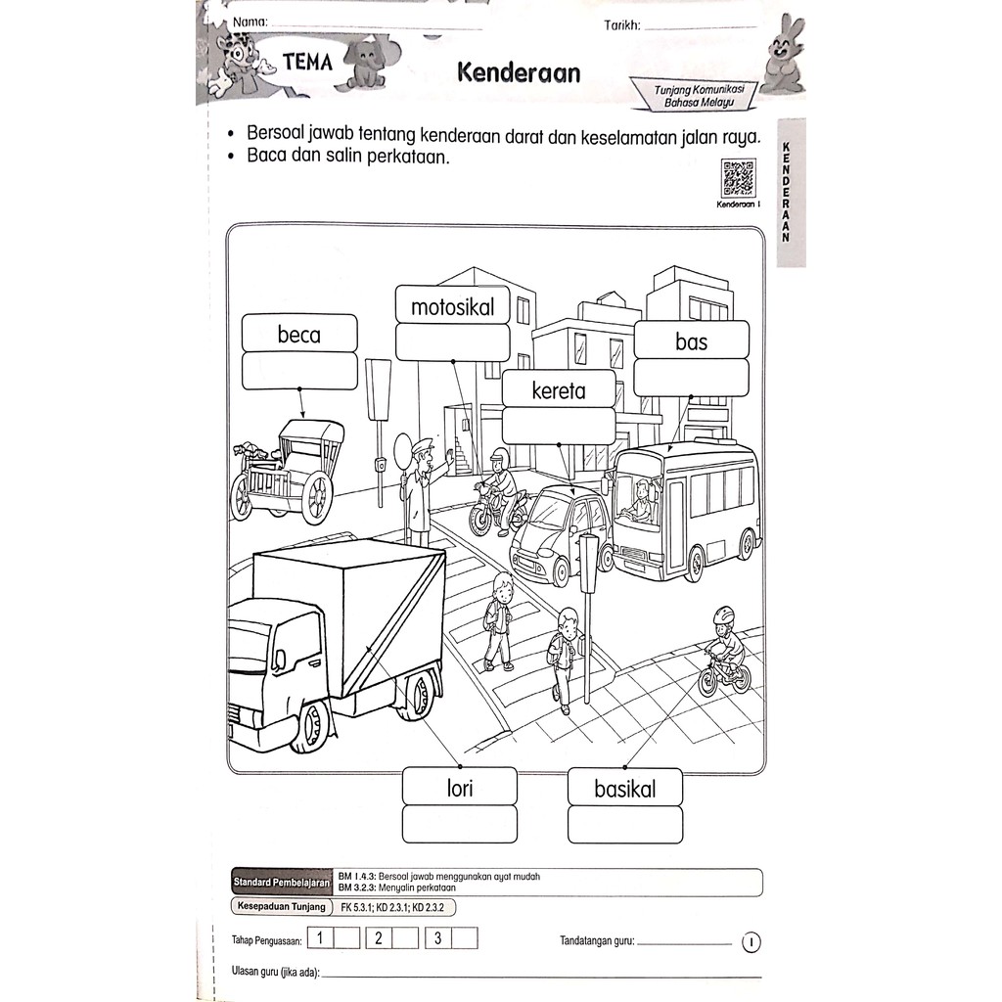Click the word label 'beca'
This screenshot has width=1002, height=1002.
[x=299, y=335]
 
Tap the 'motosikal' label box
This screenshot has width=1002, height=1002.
[x=453, y=307]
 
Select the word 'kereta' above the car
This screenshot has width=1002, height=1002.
[x=559, y=390]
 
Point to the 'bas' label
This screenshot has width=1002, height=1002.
[x=691, y=342]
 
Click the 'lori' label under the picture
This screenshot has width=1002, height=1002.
[x=459, y=788]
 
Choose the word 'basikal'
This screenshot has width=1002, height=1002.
[x=625, y=789]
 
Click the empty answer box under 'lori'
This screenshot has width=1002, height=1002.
[x=459, y=824]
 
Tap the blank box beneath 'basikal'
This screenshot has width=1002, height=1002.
[x=625, y=824]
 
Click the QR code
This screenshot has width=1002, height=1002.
[x=738, y=179]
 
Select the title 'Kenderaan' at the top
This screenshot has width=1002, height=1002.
[x=518, y=71]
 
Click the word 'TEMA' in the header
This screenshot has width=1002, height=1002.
[x=307, y=63]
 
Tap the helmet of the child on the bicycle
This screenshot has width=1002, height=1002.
[x=723, y=616]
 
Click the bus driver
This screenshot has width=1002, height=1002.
[x=641, y=500]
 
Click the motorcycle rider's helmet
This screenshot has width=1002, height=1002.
[x=499, y=456]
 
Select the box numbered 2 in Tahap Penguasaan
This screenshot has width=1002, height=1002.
[x=378, y=938]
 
